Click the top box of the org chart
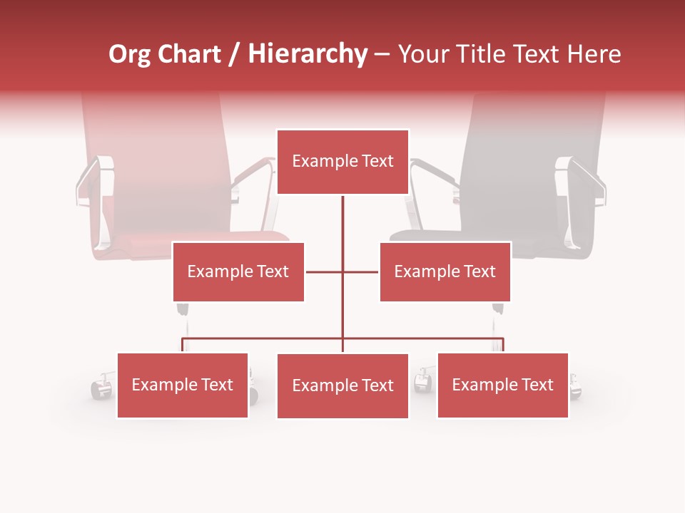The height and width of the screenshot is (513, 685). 342,162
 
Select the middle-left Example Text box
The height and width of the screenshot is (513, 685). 238,271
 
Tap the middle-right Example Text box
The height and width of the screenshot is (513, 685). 445,271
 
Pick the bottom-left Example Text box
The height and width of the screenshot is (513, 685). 183,385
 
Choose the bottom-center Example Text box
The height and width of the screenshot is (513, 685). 342,385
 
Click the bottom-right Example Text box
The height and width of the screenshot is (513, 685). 502,385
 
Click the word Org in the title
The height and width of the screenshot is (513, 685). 129,54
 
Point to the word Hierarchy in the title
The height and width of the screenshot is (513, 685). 308,54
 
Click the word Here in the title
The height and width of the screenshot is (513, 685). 594,54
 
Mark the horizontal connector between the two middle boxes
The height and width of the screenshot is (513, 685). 342,271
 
